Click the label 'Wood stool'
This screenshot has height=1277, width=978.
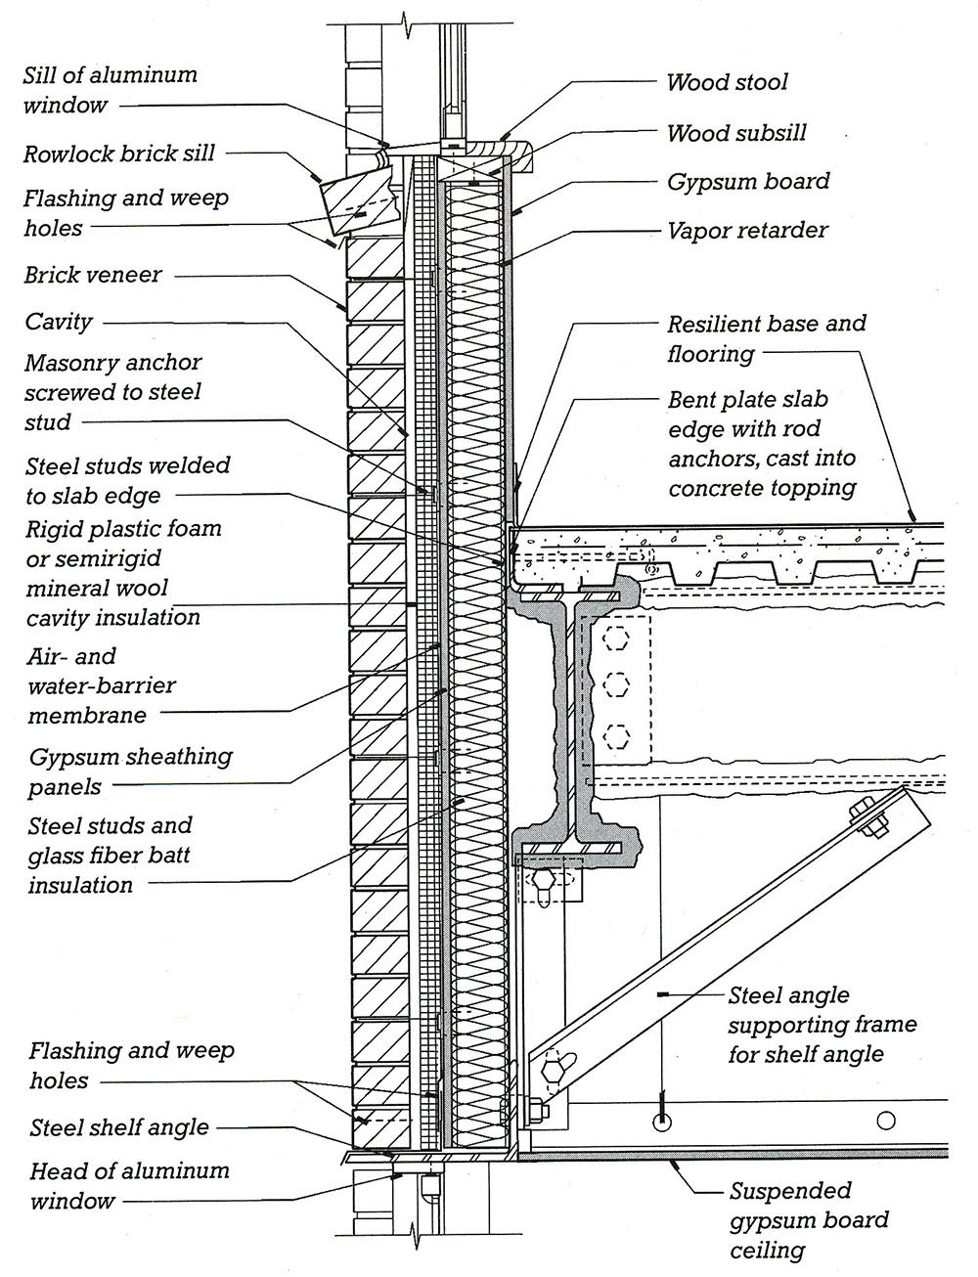point(727,83)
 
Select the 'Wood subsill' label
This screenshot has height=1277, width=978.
point(736,134)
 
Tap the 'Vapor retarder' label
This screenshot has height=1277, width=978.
point(747,231)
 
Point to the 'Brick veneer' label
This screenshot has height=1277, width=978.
point(93,275)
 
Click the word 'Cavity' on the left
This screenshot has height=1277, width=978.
point(59,322)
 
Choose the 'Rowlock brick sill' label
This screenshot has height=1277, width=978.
point(119,154)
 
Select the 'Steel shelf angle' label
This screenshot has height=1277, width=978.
point(119,1127)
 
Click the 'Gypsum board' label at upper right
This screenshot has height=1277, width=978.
point(748,182)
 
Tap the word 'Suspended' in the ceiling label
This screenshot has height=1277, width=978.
point(790,1191)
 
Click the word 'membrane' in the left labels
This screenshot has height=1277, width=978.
point(87,716)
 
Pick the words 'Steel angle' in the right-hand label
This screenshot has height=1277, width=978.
point(788,995)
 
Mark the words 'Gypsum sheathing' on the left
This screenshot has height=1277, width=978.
point(131,757)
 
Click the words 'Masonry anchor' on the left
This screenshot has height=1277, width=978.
point(113,363)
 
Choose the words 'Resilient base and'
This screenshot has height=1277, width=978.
point(767,324)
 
